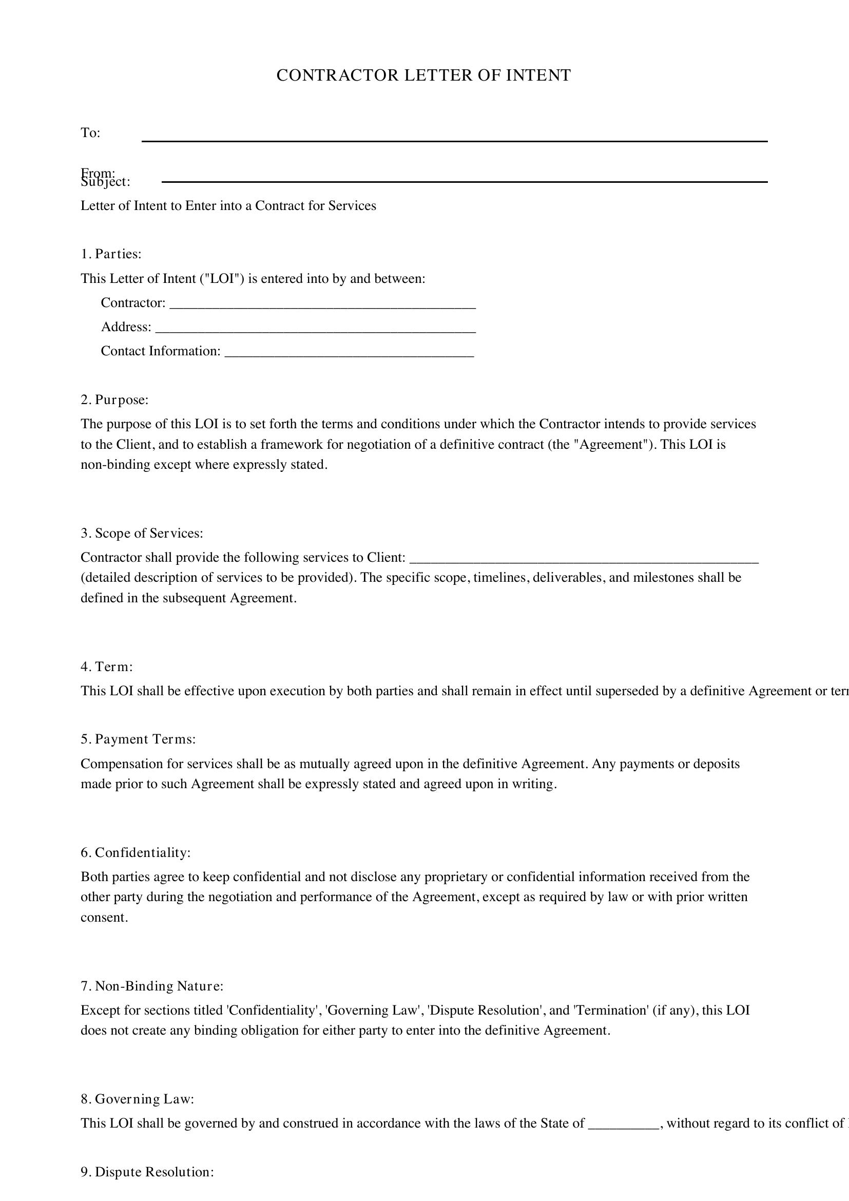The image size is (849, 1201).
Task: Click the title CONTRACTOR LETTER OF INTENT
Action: [x=423, y=75]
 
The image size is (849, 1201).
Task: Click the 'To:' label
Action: [x=90, y=133]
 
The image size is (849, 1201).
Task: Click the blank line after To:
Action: [x=454, y=140]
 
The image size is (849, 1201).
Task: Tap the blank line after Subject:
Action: [x=464, y=181]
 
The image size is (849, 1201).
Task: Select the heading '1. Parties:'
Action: [x=111, y=254]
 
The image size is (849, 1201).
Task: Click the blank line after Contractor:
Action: [x=322, y=307]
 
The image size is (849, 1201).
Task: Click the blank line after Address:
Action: [x=316, y=331]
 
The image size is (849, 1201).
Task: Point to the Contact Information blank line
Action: [x=349, y=355]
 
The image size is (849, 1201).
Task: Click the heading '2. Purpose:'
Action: [x=114, y=399]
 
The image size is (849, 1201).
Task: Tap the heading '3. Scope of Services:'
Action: [x=142, y=533]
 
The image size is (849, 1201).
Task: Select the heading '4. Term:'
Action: [x=107, y=667]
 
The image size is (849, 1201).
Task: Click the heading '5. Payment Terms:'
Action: [x=138, y=739]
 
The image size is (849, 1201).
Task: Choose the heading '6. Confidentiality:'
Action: [x=136, y=853]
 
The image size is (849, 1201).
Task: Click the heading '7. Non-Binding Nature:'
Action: [x=151, y=986]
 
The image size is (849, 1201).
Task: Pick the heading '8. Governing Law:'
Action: [x=137, y=1099]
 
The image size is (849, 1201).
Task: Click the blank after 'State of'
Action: [x=623, y=1128]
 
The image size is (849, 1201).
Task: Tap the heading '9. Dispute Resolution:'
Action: [x=147, y=1172]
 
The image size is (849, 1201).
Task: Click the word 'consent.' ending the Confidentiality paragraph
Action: [x=104, y=918]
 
